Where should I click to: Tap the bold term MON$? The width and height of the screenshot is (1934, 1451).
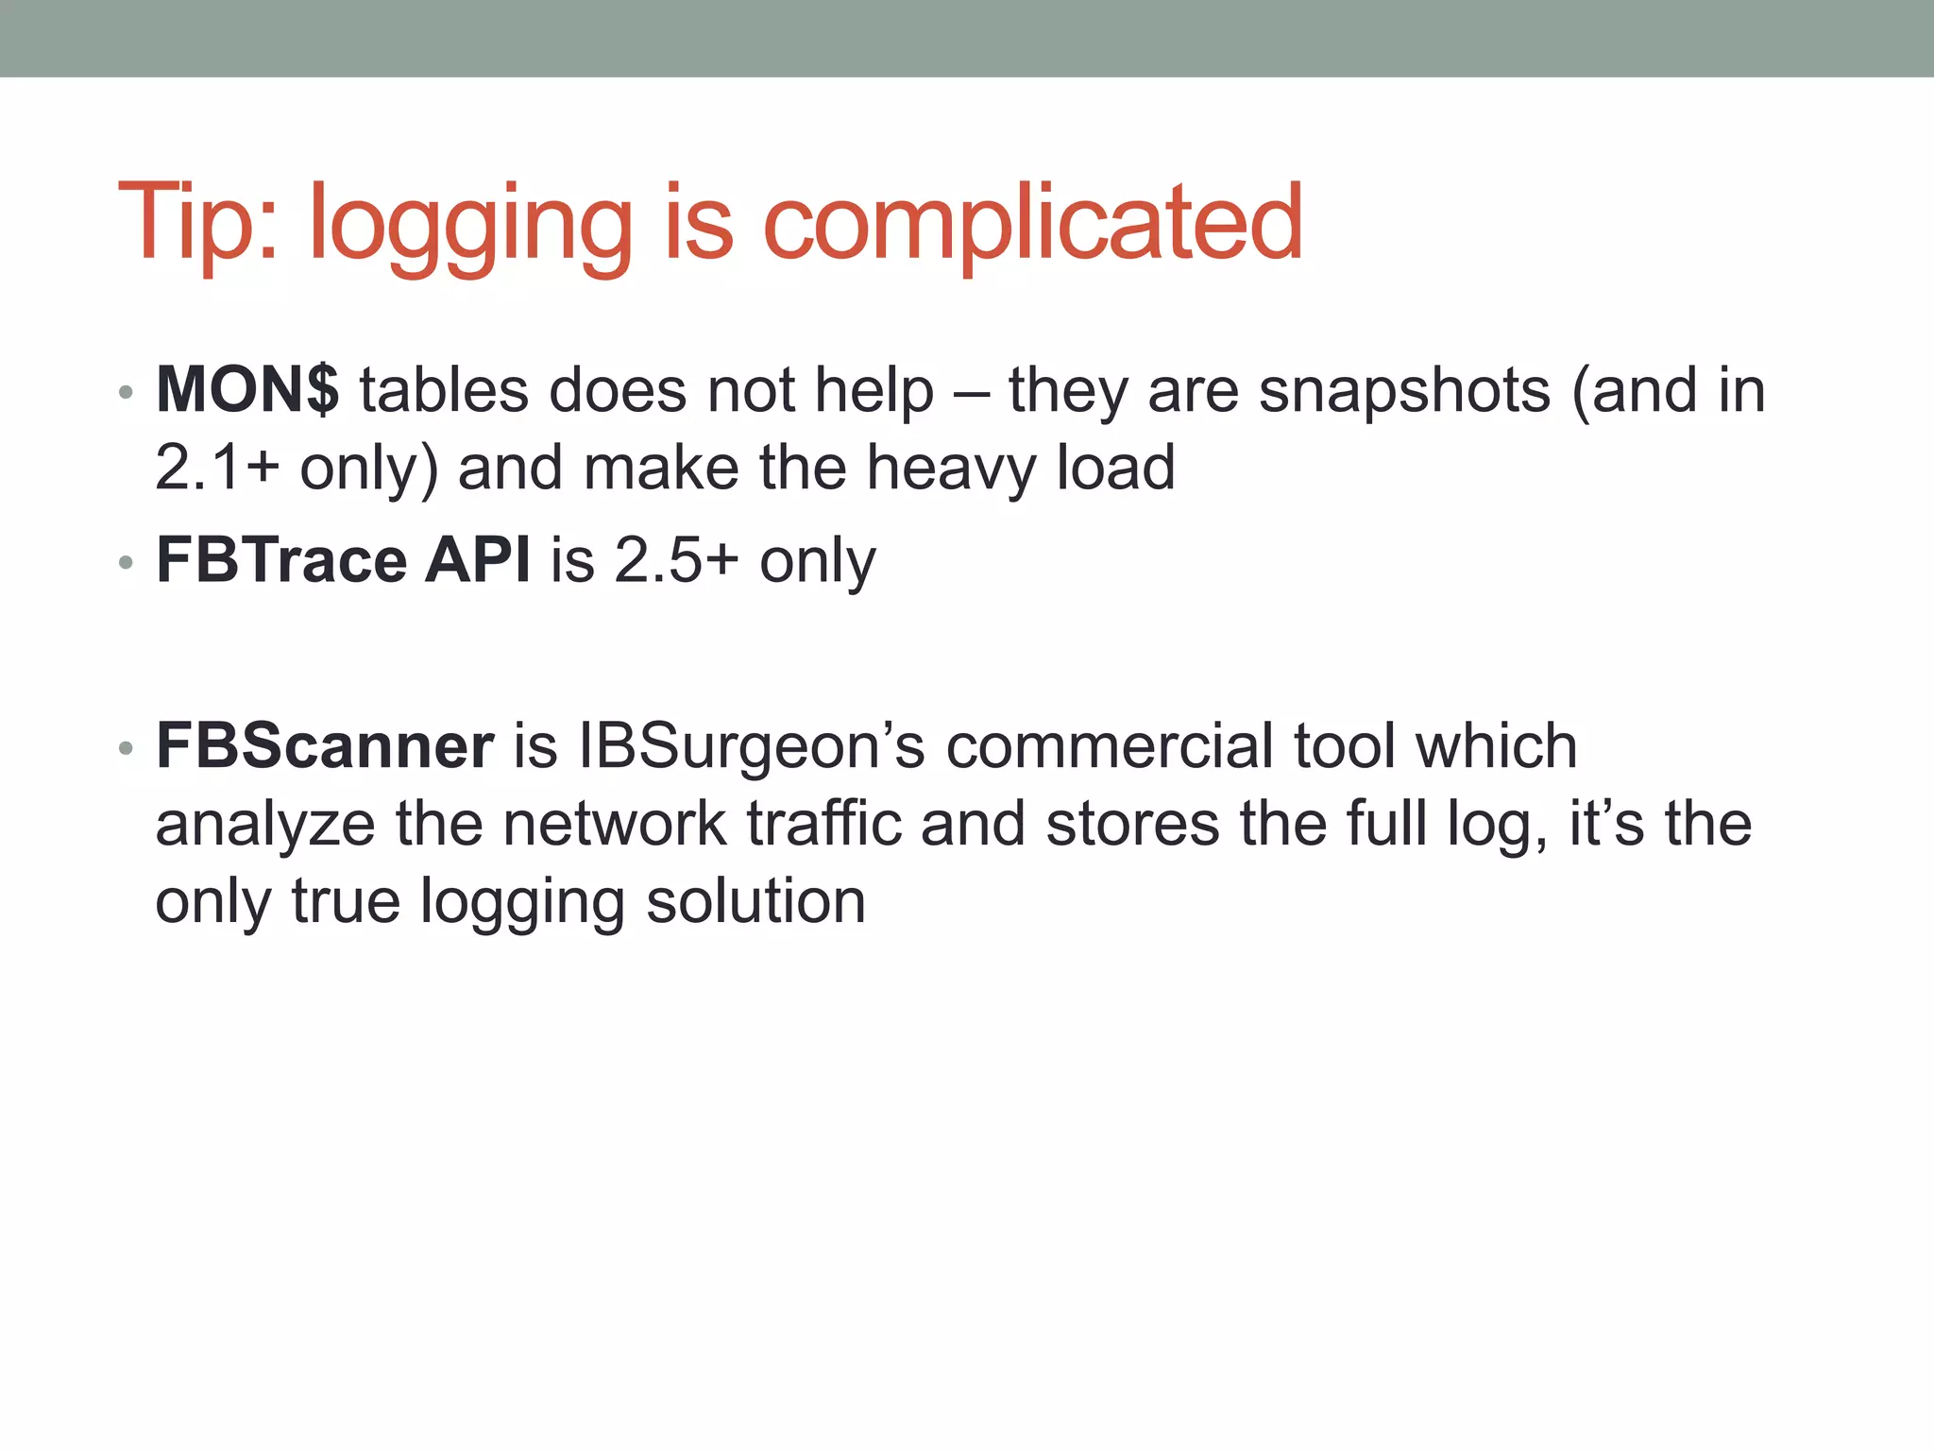(x=247, y=389)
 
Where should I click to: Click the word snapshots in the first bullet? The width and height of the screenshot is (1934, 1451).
(x=1404, y=391)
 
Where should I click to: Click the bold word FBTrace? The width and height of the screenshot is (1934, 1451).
(x=280, y=559)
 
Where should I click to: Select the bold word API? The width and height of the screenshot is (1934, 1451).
(x=478, y=559)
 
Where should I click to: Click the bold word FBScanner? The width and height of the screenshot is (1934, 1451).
(x=325, y=745)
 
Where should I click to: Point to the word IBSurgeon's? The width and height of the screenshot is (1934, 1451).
(x=752, y=745)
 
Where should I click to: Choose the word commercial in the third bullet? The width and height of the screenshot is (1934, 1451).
(x=1109, y=745)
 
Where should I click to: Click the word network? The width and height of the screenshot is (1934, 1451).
(x=614, y=823)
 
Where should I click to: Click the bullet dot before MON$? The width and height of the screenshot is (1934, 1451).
(x=126, y=392)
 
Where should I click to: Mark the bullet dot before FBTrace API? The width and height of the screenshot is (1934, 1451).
(x=126, y=563)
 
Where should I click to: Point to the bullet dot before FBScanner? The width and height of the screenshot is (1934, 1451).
(x=126, y=749)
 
